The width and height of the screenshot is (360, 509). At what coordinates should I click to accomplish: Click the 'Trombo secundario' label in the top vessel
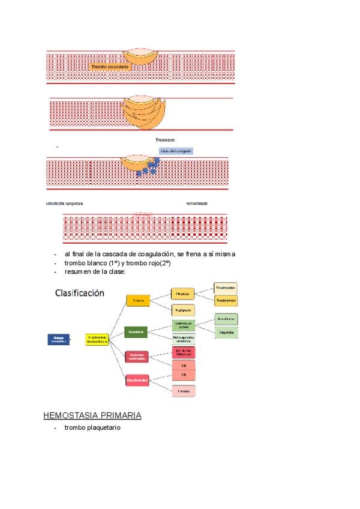109,67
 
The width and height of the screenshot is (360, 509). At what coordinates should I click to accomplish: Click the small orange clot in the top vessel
142,56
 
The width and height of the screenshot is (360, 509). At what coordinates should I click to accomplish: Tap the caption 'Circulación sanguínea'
64,203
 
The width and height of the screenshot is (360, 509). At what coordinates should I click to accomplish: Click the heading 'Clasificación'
80,294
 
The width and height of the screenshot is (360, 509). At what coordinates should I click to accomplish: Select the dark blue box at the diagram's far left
58,339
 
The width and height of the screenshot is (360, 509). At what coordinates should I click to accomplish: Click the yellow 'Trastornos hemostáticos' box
97,339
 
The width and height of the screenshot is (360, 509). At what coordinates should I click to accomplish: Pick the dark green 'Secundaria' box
137,331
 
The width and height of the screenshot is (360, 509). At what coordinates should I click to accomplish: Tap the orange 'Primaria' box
137,300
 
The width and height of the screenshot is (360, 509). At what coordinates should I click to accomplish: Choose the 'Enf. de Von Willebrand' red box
184,352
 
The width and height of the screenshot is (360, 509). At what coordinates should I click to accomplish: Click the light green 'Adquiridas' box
226,331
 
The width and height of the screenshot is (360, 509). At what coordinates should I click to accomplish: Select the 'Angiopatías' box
184,310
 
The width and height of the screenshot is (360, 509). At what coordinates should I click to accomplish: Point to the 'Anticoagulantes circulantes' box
184,339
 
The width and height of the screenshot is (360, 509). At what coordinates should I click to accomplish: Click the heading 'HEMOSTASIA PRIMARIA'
92,415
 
